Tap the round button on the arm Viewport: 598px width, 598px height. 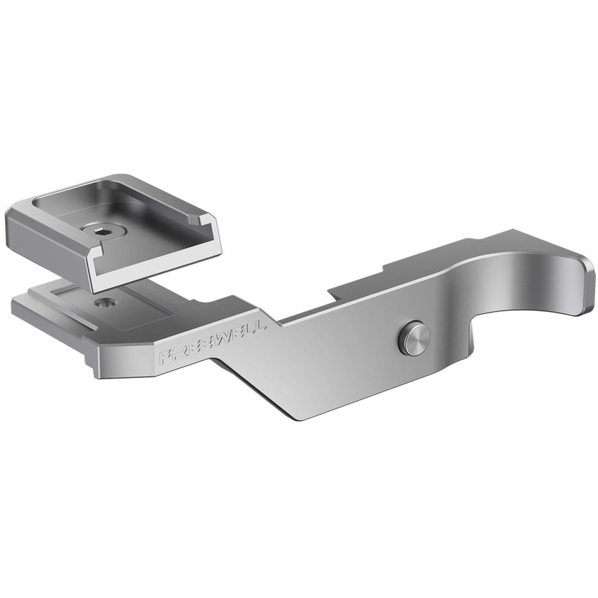pyautogui.click(x=414, y=338)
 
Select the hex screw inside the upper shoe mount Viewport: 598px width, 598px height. pyautogui.click(x=104, y=231)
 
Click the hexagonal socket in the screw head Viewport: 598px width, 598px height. pyautogui.click(x=104, y=231)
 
